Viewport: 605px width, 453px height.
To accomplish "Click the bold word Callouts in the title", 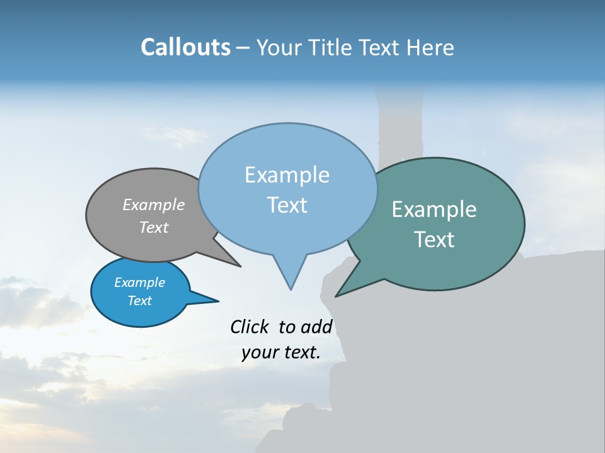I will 185,47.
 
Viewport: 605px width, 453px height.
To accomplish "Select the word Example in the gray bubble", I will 153,204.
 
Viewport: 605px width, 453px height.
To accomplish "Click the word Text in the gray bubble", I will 153,227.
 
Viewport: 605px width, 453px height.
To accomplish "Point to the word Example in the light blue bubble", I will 287,175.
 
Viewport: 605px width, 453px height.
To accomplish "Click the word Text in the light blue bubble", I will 287,205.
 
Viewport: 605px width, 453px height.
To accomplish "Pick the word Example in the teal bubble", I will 434,210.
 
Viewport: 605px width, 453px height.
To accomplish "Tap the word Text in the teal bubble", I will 434,240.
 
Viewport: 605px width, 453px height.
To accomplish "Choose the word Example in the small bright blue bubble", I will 139,282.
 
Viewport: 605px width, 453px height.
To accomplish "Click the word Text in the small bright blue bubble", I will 139,301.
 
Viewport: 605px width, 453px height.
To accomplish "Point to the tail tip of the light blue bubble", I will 291,289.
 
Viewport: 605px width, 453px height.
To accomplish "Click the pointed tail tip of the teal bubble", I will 336,296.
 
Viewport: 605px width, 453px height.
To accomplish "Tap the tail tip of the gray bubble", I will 240,266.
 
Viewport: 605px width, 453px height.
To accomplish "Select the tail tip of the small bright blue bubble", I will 218,301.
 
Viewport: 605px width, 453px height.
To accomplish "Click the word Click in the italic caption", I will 249,327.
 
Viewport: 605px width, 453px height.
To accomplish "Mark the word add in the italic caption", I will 316,327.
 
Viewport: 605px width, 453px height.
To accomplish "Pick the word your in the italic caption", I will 259,352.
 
